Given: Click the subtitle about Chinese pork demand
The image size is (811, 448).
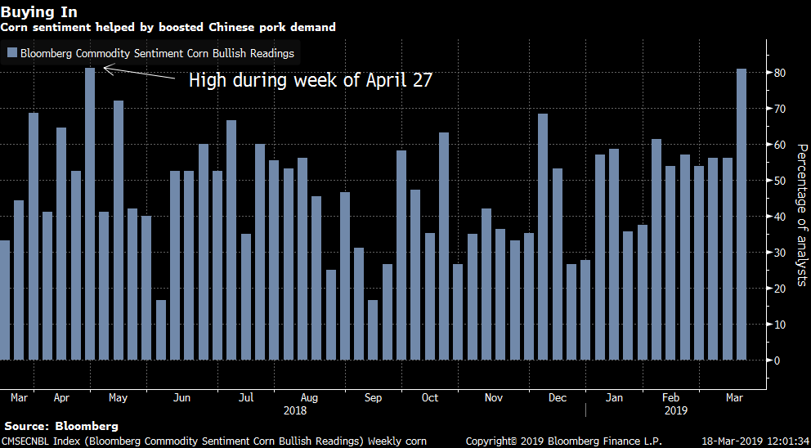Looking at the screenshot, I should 168,27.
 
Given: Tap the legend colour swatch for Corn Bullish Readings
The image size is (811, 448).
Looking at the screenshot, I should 11,54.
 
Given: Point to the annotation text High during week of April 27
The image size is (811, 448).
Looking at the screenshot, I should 310,80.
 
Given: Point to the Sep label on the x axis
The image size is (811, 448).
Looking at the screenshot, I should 373,398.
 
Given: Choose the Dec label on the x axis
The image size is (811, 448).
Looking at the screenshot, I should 558,398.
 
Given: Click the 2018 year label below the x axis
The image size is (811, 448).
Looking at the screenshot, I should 294,411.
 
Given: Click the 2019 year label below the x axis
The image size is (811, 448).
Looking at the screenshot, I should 674,411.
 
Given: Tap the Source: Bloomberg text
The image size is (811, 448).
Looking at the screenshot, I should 61,426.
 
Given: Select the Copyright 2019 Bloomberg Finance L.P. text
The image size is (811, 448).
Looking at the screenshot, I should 563,441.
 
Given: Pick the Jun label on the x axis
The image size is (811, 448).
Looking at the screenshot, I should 182,398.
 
